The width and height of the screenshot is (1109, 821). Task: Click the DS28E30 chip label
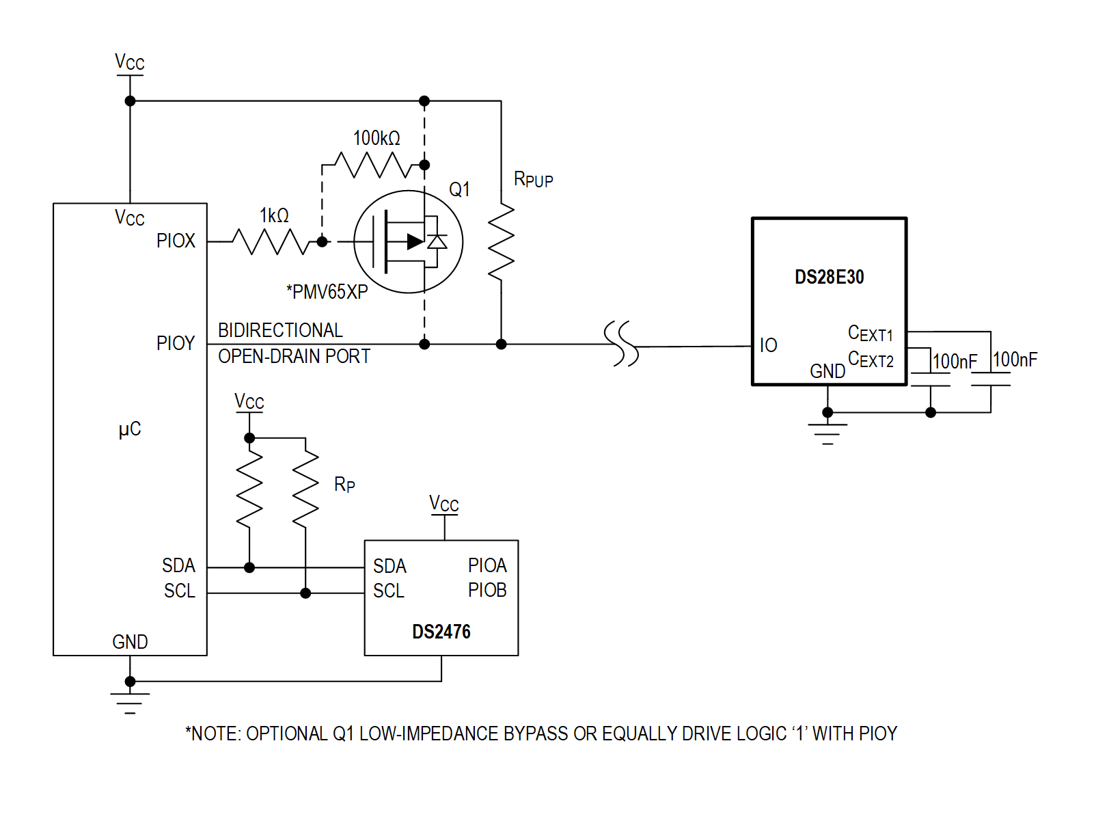coord(829,277)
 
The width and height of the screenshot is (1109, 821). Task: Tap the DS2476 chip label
coord(441,631)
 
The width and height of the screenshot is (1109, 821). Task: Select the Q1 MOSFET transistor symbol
coord(408,241)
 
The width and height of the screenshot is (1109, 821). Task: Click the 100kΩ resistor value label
coord(376,138)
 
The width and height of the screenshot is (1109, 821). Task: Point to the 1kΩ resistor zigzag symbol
coord(271,241)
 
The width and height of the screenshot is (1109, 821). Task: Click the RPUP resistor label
coord(533,180)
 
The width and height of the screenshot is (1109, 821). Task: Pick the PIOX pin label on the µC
coord(176,241)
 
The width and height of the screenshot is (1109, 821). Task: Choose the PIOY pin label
coord(176,343)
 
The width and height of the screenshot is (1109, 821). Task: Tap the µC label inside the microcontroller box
coord(130,429)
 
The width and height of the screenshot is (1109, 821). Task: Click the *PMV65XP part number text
coord(327,292)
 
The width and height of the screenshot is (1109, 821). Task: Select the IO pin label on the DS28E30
coord(768,345)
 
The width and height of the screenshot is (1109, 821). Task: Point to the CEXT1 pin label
coord(870,334)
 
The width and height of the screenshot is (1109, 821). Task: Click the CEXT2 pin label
coord(870,360)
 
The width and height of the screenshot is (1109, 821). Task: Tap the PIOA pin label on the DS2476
coord(487,565)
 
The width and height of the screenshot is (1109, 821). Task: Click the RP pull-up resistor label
coord(344,485)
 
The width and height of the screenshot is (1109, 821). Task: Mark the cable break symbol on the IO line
coord(621,344)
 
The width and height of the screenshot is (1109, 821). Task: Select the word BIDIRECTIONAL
coord(280,330)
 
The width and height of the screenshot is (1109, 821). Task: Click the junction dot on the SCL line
coord(305,593)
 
